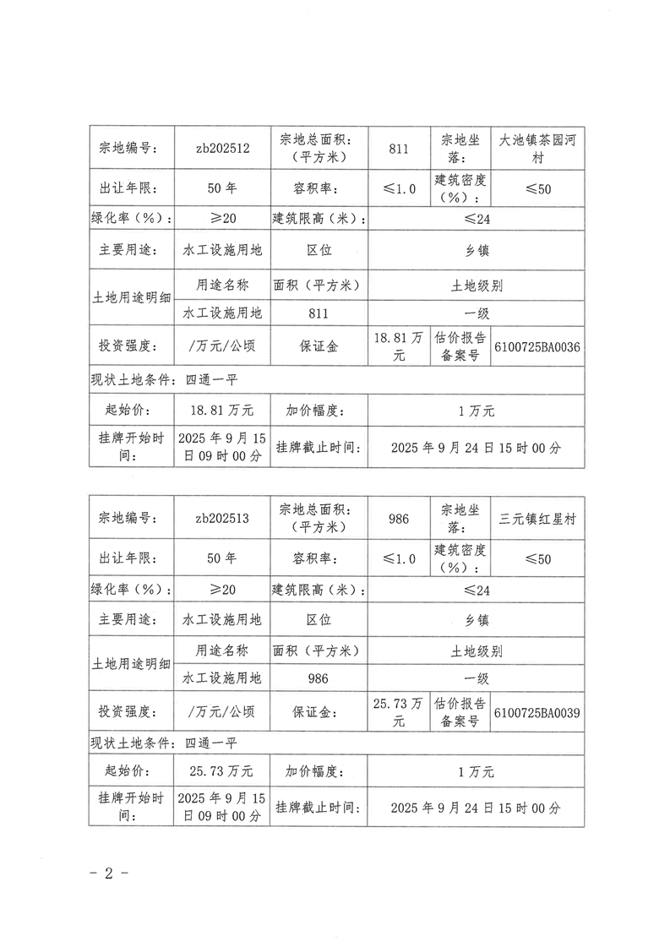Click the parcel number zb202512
221,148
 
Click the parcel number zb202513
221,519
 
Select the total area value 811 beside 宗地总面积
400,149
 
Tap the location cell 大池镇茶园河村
537,148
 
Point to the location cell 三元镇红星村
537,519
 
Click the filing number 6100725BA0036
537,347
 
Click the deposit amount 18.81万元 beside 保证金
400,347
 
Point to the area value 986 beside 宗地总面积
400,519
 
